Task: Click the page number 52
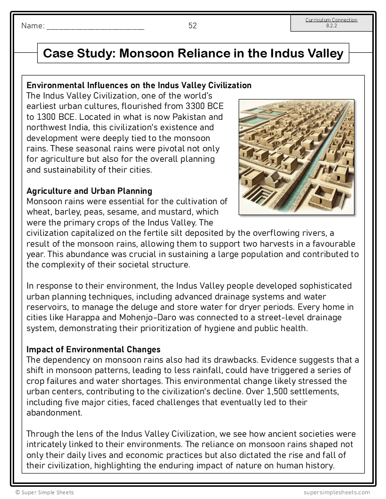coord(193,26)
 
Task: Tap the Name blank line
coord(95,27)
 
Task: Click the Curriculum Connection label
coord(331,20)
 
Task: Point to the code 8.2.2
coord(331,26)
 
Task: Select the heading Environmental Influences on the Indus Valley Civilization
coord(139,85)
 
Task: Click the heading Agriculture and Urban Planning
coord(89,191)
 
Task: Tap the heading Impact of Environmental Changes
coord(93,349)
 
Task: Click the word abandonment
coord(54,413)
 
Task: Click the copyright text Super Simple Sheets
coord(44,492)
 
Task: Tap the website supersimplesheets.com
coord(337,492)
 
